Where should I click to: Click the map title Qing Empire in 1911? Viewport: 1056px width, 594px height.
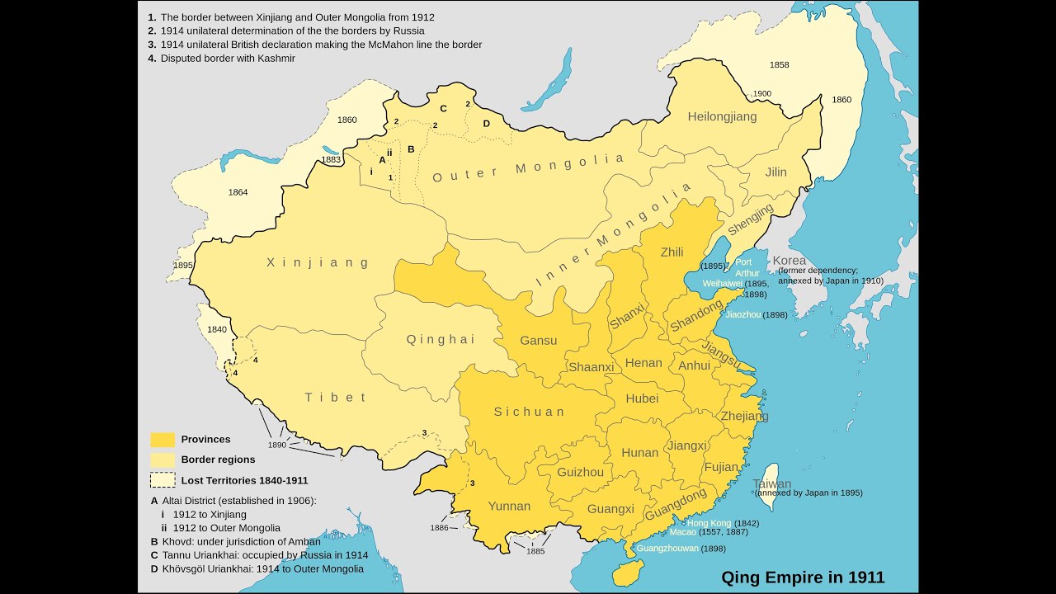tap(803, 577)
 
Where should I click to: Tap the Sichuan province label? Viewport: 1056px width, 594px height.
tap(530, 412)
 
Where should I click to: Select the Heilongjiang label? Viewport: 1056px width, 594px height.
tap(722, 116)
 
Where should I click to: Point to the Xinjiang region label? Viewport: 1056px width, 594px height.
tap(318, 262)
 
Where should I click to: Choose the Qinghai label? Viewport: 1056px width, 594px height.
tap(441, 339)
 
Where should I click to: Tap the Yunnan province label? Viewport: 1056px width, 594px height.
tap(509, 506)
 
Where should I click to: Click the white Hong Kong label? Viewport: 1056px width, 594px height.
tap(709, 523)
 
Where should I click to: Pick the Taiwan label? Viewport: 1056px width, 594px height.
tap(771, 484)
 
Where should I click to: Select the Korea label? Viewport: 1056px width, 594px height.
tap(789, 260)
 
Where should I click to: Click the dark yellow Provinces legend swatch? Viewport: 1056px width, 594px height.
tap(163, 440)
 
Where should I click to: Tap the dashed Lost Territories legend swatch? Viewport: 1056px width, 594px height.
tap(163, 479)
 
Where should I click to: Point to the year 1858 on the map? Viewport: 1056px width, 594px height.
tap(779, 64)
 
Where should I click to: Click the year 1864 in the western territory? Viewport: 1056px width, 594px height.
tap(238, 192)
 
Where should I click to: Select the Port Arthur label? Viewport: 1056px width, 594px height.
tap(747, 267)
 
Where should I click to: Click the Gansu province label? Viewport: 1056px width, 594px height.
tap(538, 340)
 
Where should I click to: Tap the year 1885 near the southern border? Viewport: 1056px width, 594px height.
tap(536, 551)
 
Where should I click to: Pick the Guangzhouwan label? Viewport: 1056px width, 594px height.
tap(667, 548)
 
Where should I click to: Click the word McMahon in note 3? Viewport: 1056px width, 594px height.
tap(379, 45)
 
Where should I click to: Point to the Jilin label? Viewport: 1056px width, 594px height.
tap(775, 172)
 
